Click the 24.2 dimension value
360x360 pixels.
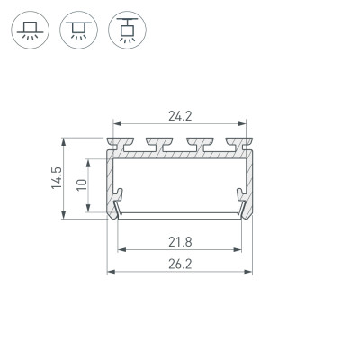pyautogui.click(x=180, y=114)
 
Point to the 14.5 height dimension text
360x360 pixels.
pyautogui.click(x=55, y=177)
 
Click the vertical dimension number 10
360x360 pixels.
pyautogui.click(x=81, y=186)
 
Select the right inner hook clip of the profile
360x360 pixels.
pyautogui.click(x=241, y=196)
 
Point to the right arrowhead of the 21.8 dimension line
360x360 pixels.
pyautogui.click(x=239, y=248)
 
